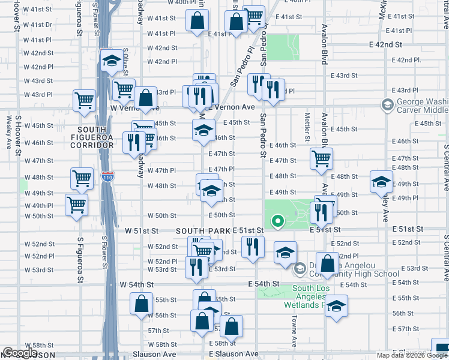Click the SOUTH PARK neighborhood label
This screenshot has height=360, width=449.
pos(203,231)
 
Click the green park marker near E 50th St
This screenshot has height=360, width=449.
pos(277,222)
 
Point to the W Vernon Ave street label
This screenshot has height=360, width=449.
pos(135,107)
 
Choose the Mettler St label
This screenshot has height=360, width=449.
pos(307,127)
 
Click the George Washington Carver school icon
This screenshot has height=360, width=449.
pos(387,106)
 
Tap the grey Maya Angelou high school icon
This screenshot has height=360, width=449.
pos(300,269)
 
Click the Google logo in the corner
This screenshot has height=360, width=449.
pos(20,353)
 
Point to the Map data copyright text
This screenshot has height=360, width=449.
pos(412,355)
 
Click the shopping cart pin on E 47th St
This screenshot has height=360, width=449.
pos(322,158)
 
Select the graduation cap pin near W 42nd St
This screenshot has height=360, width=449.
pos(111,60)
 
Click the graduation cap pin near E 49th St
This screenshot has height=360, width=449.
pos(381,182)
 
